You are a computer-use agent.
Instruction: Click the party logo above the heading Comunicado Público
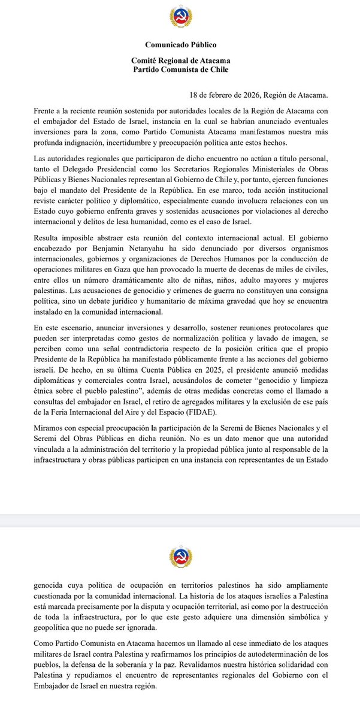[180, 20]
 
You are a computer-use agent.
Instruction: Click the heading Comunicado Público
[180, 44]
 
